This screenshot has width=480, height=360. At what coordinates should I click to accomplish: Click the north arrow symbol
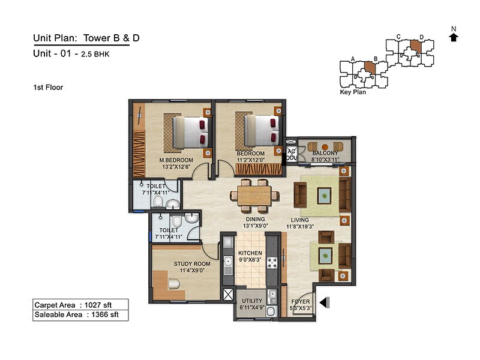(454, 37)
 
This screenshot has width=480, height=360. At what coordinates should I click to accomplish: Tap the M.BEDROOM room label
(176, 160)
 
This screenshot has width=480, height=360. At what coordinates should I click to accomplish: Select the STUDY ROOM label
(192, 263)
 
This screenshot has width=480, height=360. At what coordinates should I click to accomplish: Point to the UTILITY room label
(252, 301)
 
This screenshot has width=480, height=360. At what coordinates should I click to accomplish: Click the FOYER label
(300, 301)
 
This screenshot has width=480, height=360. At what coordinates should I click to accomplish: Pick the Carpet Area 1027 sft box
(80, 304)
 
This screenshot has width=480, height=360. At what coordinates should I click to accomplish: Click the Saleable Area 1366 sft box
(80, 314)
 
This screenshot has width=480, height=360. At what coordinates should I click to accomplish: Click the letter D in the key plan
(421, 37)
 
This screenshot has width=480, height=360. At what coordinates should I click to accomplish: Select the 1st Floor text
(48, 88)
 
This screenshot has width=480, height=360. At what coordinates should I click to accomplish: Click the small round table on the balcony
(325, 146)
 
